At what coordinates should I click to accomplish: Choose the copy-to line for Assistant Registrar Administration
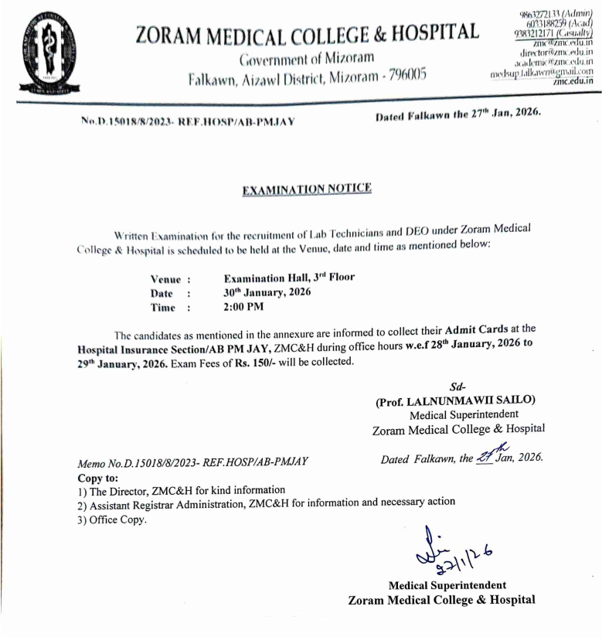pos(266,503)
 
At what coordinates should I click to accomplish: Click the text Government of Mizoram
pos(307,59)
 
